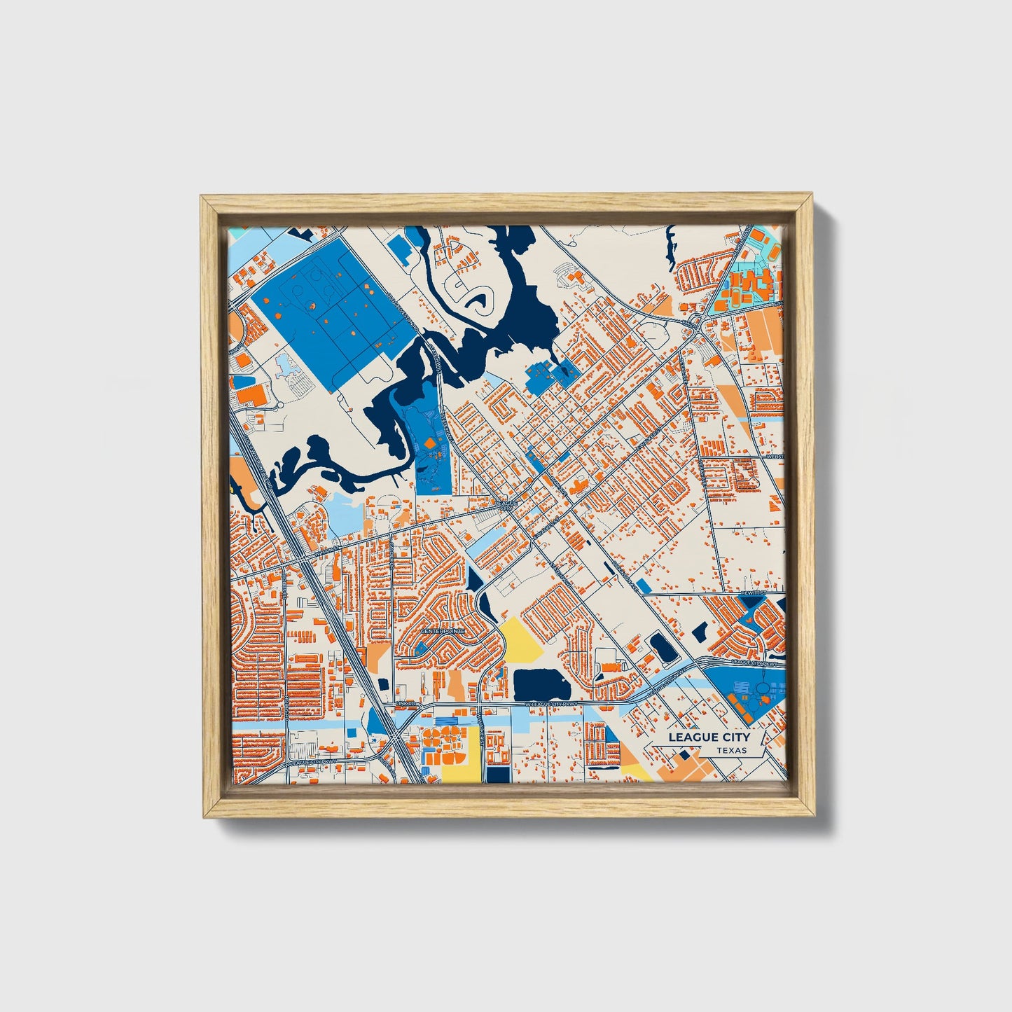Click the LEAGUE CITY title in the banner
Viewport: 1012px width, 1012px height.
coord(708,737)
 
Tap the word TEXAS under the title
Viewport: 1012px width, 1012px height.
coord(731,751)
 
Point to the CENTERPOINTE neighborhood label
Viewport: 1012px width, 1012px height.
coord(442,632)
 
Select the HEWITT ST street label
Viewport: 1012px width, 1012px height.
coord(754,593)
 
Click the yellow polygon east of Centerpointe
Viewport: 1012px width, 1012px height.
coord(521,638)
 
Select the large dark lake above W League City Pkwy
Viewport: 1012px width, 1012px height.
coord(542,684)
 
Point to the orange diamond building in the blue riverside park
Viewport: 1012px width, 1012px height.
coord(429,443)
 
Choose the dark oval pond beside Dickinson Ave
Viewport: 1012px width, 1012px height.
coord(661,647)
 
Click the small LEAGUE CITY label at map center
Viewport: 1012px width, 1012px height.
coord(506,505)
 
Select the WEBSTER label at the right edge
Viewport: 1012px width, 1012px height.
coord(775,456)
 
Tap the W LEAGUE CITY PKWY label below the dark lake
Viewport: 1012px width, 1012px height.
coord(553,703)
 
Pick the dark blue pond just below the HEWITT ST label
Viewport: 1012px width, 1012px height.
coord(753,602)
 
